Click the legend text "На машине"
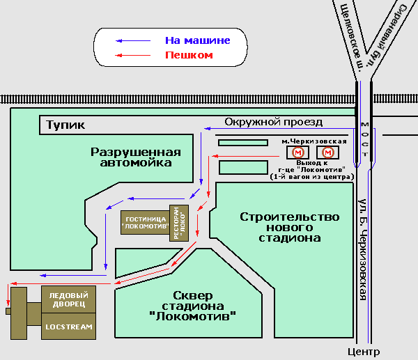[x=197, y=40]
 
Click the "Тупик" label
[x=65, y=125]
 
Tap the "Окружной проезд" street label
[x=273, y=122]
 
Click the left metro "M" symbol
[x=298, y=152]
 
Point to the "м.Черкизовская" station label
[x=313, y=141]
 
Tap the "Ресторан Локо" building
[x=178, y=223]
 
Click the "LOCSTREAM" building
[x=68, y=326]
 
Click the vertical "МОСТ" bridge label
[x=364, y=137]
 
